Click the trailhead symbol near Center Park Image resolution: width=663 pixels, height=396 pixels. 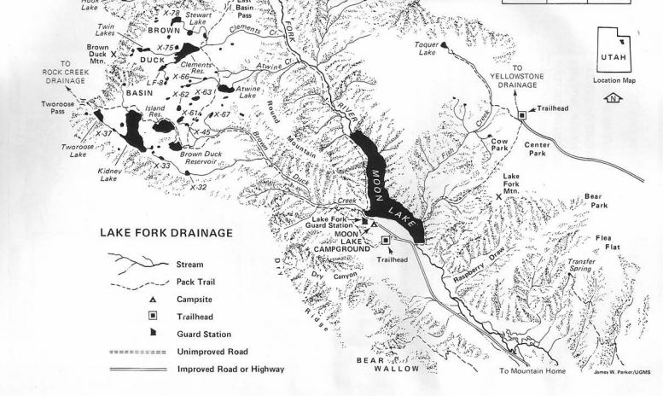(x=521, y=114)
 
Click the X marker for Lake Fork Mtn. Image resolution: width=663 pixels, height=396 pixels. (x=499, y=197)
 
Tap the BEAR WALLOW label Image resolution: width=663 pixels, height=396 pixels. (x=388, y=364)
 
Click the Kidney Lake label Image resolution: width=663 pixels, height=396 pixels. (x=108, y=175)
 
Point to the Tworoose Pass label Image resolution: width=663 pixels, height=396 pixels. (x=64, y=108)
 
